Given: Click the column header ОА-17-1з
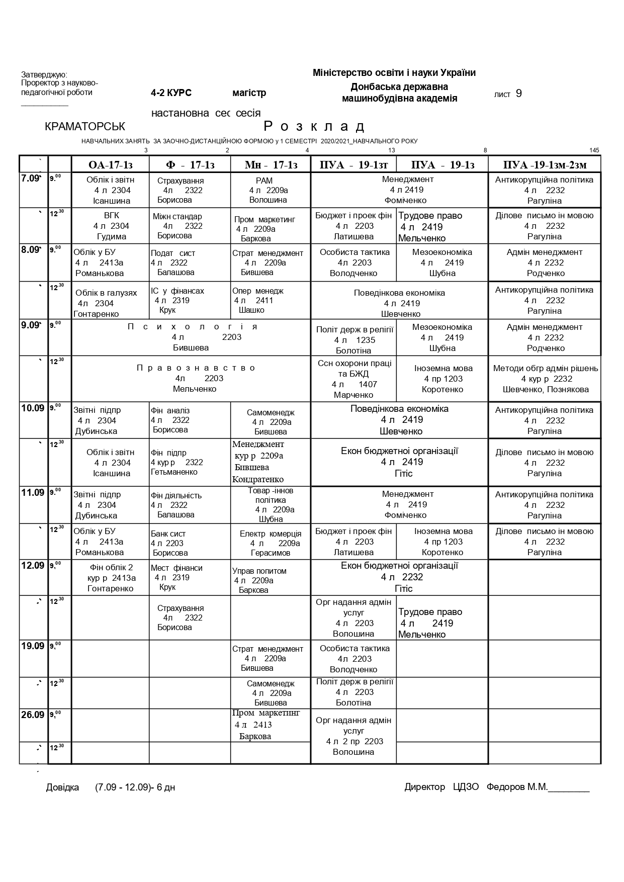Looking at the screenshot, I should pyautogui.click(x=110, y=165).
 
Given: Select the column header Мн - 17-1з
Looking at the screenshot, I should pyautogui.click(x=271, y=165).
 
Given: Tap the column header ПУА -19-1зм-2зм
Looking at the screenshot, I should pyautogui.click(x=545, y=165).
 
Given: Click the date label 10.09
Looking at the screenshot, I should pyautogui.click(x=33, y=408).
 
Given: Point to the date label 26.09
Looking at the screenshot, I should pyautogui.click(x=33, y=715).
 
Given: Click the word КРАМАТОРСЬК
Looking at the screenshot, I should pyautogui.click(x=85, y=127).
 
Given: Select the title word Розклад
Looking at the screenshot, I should pyautogui.click(x=314, y=126).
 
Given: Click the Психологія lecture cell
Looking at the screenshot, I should pyautogui.click(x=191, y=337).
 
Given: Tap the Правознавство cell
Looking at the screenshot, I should pyautogui.click(x=191, y=378).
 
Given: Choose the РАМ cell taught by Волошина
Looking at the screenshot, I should pyautogui.click(x=271, y=190).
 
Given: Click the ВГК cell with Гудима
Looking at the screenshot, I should pyautogui.click(x=110, y=226).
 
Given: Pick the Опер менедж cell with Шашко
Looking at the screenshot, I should pyautogui.click(x=271, y=300).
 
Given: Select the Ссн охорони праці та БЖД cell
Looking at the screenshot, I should pyautogui.click(x=354, y=379).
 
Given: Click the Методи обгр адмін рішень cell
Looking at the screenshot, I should pyautogui.click(x=545, y=379).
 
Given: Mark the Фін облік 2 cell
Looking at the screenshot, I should pyautogui.click(x=110, y=578).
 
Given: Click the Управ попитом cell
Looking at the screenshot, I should pyautogui.click(x=271, y=580).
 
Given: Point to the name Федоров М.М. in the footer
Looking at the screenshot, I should pyautogui.click(x=517, y=787).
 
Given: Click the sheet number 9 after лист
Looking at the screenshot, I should pyautogui.click(x=519, y=94).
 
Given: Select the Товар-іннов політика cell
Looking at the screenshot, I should pyautogui.click(x=271, y=504).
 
